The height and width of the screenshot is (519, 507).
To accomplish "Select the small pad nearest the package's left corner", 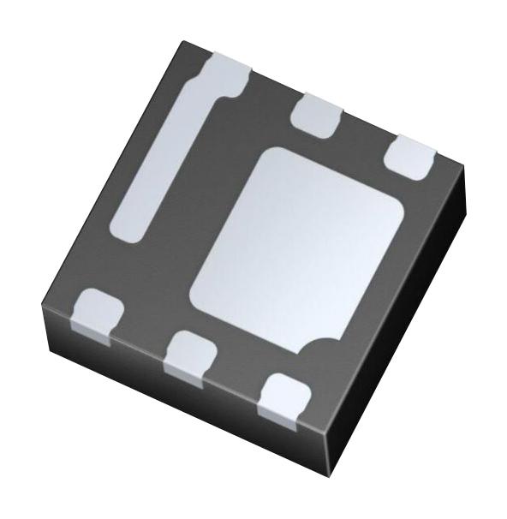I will click(x=97, y=313).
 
